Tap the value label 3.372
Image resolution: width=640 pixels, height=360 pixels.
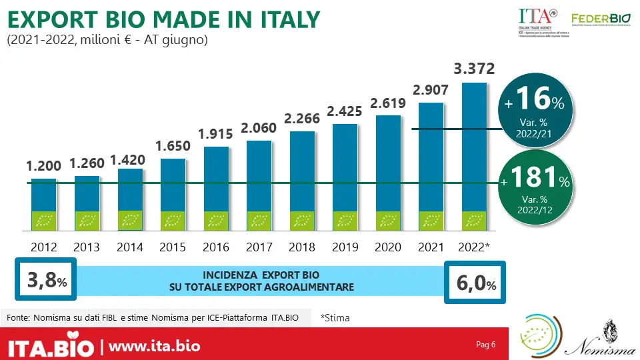tap(474, 69)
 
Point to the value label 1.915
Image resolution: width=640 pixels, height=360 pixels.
tap(216, 133)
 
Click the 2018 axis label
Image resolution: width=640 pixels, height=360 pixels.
tap(302, 247)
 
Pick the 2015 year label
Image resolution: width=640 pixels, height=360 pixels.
tap(173, 247)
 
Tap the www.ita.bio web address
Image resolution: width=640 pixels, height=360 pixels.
tap(154, 347)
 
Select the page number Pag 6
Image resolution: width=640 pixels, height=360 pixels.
tap(486, 345)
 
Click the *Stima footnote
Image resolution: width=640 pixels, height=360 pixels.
tap(335, 318)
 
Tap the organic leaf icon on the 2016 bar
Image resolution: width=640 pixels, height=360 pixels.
tap(216, 221)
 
